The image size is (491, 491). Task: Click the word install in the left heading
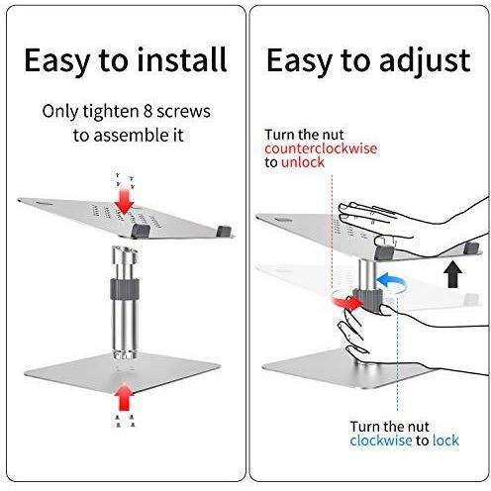coord(182,59)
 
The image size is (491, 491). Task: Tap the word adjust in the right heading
coord(426,62)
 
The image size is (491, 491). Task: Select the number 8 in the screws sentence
coord(147,111)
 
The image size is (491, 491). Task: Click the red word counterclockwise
coord(321,148)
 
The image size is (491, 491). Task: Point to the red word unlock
coord(303,162)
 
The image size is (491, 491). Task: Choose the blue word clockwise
coord(381,441)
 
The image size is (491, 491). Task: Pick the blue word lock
coord(445,441)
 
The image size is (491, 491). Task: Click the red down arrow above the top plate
coord(125,201)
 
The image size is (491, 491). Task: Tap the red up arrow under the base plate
coord(125,398)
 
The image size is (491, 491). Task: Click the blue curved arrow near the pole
coord(391,283)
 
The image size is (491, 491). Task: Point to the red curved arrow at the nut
coord(345,300)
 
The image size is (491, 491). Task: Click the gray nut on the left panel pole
coord(125,289)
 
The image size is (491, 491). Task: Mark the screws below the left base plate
coord(125,422)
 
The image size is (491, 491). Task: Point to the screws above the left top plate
coord(125,179)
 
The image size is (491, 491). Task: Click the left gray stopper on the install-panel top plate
coord(141,231)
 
